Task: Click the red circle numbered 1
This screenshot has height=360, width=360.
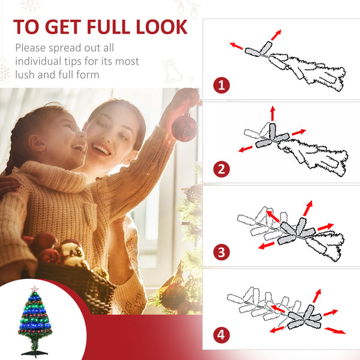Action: click(221, 86)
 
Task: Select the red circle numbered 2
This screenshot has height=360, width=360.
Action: click(221, 169)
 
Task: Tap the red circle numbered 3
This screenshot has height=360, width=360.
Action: click(221, 252)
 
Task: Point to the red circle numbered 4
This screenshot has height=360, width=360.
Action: click(221, 334)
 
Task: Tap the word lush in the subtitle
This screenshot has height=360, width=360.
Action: click(27, 75)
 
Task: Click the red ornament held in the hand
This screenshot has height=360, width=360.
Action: click(184, 127)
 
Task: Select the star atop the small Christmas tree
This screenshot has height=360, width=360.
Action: click(35, 290)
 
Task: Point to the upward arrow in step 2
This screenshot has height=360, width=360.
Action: click(272, 113)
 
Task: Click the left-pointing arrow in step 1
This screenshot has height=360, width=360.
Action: click(236, 45)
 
